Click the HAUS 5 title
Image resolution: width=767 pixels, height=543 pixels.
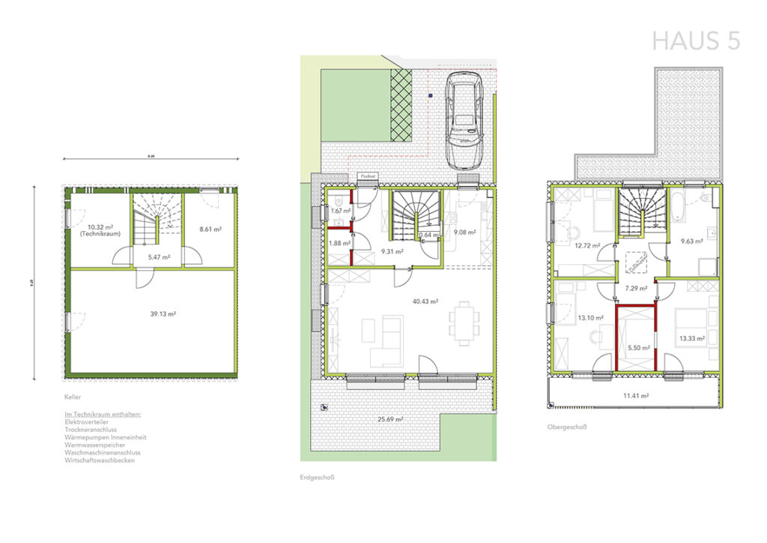pyautogui.click(x=696, y=40)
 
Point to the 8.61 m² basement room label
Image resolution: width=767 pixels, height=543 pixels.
pyautogui.click(x=210, y=229)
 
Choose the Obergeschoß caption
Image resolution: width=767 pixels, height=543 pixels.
pyautogui.click(x=567, y=427)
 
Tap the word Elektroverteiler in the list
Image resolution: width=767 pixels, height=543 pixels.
pyautogui.click(x=87, y=421)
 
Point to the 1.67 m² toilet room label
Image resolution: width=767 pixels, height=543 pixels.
pyautogui.click(x=341, y=211)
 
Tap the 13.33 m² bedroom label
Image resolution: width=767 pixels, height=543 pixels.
pyautogui.click(x=691, y=339)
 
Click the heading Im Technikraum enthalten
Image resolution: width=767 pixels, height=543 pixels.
pyautogui.click(x=103, y=413)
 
